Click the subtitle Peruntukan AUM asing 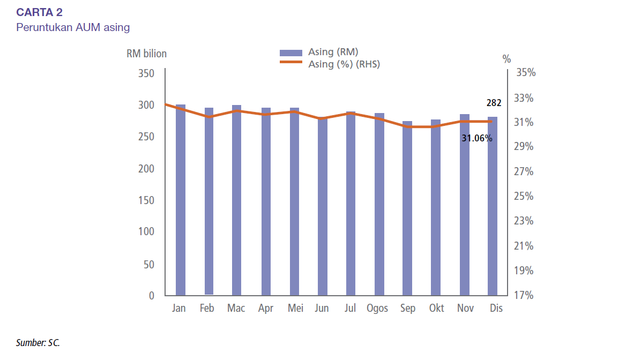tap(73, 27)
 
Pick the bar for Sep tap(407, 209)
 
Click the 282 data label tap(494, 103)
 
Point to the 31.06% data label tap(476, 138)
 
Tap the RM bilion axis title tap(146, 54)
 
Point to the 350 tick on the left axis tap(146, 73)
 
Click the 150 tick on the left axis tap(146, 200)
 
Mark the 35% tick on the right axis tap(525, 73)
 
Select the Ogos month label tap(378, 309)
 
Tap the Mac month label tap(236, 309)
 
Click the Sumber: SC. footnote tap(38, 342)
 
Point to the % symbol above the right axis tap(506, 59)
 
